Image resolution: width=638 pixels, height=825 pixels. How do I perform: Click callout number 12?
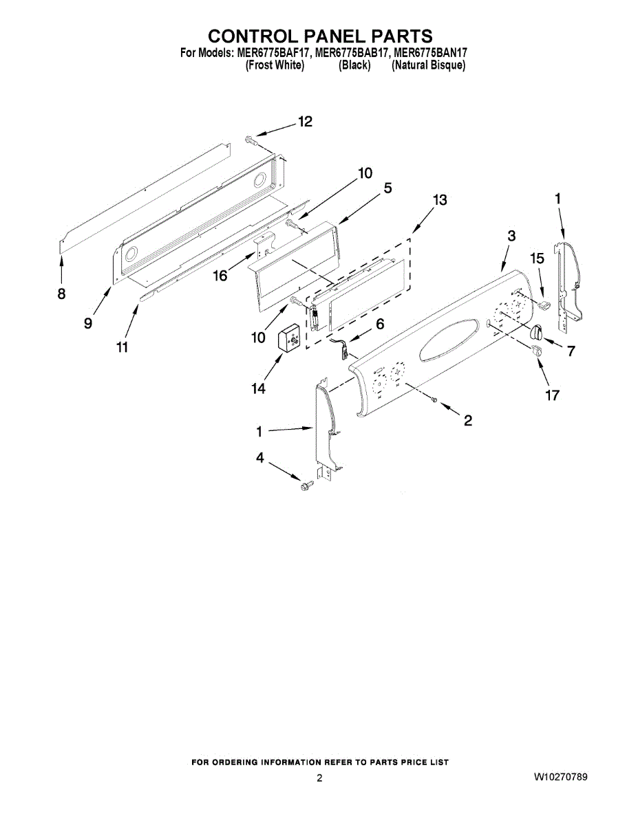click(305, 122)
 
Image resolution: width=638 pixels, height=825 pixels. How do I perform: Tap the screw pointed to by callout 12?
click(251, 141)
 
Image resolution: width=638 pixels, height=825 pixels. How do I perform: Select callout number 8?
click(62, 294)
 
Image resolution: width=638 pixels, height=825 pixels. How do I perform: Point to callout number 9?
click(88, 323)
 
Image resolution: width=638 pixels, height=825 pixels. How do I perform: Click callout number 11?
click(122, 347)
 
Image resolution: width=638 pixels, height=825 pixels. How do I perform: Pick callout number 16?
click(220, 275)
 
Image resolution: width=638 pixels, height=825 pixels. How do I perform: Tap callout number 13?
click(439, 199)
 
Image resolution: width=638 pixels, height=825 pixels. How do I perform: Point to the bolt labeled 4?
click(306, 486)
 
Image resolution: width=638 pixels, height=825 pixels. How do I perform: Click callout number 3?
click(511, 236)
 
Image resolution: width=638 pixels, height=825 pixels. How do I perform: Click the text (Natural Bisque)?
click(428, 66)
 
